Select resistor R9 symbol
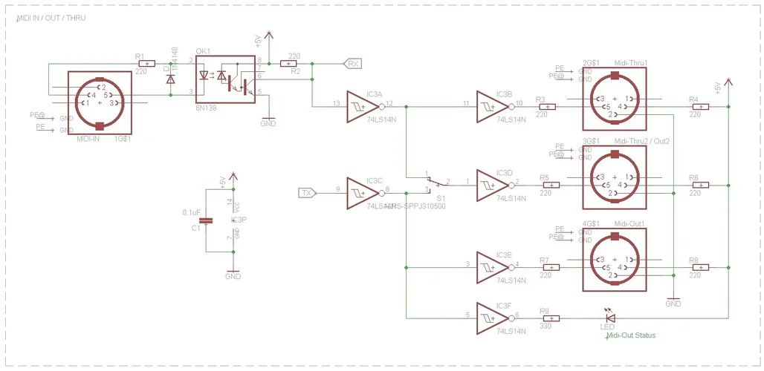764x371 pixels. [545, 318]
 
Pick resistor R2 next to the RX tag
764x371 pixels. [288, 64]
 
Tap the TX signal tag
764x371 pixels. [307, 194]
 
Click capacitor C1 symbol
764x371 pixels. [207, 220]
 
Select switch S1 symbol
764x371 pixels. [438, 183]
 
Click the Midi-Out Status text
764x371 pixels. [631, 336]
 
